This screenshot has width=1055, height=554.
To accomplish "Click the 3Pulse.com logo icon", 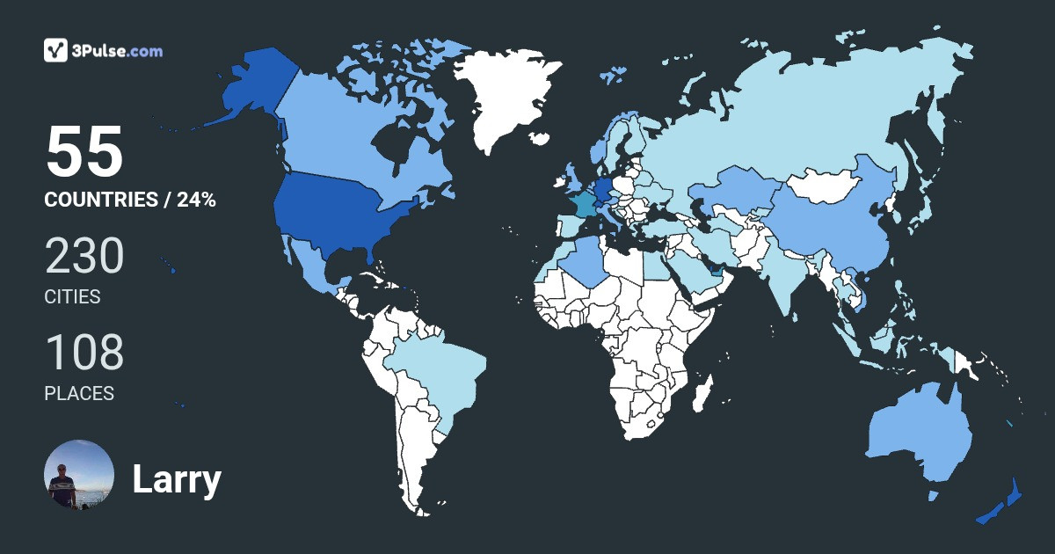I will click(x=56, y=50).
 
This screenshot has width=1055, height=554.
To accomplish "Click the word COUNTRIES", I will click(x=100, y=200).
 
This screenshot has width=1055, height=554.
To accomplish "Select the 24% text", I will click(x=196, y=200).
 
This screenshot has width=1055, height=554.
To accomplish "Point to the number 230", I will click(x=84, y=258).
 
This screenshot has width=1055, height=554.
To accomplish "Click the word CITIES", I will click(x=72, y=297).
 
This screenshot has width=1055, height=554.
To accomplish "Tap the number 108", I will click(x=84, y=354).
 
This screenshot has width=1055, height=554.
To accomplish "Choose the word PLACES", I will click(x=79, y=394).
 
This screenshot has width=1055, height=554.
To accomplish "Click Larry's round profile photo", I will click(x=79, y=475).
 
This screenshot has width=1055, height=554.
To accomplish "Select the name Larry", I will click(x=176, y=479).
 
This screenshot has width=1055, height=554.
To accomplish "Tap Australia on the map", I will click(x=919, y=435).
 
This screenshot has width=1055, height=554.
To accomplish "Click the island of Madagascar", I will click(x=701, y=396).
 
